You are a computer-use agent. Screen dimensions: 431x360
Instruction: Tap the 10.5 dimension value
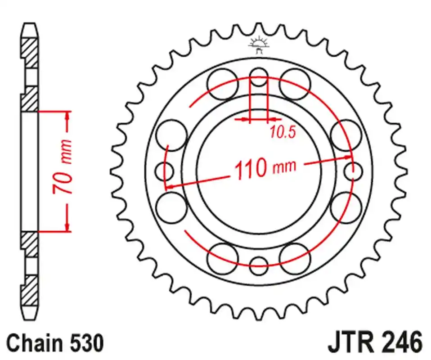point(283,132)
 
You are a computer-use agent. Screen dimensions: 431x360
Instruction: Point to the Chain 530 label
point(55,343)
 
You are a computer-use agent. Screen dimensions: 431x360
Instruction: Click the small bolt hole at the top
point(259,77)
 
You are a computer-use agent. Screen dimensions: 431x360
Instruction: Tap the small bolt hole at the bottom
point(259,265)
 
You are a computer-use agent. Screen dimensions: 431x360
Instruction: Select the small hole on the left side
point(164,171)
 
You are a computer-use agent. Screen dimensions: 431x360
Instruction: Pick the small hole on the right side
point(353,171)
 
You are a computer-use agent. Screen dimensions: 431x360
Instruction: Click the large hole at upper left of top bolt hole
point(223,84)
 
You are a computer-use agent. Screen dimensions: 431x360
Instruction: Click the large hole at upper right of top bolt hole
point(295,84)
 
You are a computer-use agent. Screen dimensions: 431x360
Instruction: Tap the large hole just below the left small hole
point(171,207)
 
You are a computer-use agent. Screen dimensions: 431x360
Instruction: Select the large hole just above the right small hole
point(346,135)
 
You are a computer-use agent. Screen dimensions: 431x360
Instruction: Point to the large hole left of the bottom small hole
point(223,258)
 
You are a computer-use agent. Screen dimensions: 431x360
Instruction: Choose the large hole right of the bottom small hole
point(295,258)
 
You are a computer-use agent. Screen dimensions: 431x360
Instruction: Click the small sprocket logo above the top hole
point(258,44)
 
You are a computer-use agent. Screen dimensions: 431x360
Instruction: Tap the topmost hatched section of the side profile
point(30,53)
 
